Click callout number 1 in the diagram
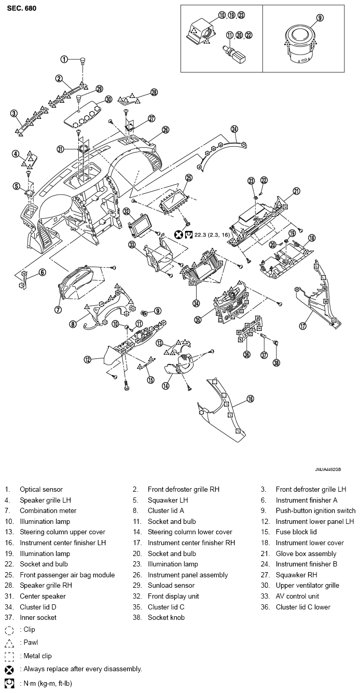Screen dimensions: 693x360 click(64, 59)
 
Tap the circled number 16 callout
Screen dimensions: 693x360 click(250, 399)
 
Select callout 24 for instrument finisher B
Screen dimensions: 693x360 click(234, 129)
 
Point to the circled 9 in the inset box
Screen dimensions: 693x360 click(320, 18)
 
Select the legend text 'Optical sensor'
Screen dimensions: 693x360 click(41, 489)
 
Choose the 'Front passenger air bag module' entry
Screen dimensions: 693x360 click(67, 575)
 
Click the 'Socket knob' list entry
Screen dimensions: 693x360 click(166, 617)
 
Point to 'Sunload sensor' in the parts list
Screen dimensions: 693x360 click(171, 585)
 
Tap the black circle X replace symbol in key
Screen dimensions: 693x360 click(9, 670)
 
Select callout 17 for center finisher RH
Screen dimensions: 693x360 click(303, 326)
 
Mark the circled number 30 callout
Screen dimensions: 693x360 click(108, 99)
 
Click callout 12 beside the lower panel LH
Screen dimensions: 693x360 click(88, 359)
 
